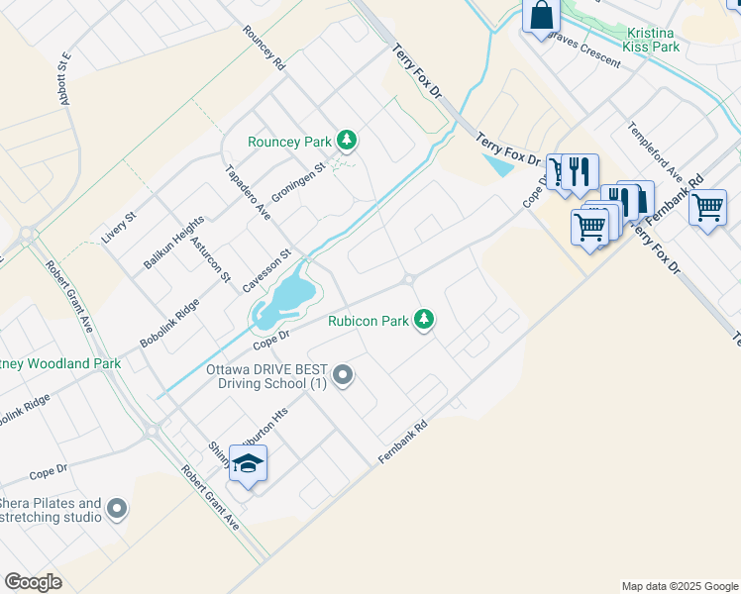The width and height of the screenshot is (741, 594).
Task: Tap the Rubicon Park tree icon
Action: click(424, 320)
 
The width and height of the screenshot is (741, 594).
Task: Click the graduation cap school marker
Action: click(248, 462)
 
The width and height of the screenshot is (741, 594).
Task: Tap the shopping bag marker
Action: click(541, 15)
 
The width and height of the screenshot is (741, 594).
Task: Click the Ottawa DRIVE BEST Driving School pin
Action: click(344, 375)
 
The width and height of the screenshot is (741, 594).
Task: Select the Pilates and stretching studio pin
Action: click(117, 510)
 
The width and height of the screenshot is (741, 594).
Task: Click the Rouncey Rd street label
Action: click(265, 47)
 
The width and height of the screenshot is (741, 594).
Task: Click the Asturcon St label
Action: click(212, 263)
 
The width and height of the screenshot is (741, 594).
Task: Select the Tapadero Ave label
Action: click(248, 191)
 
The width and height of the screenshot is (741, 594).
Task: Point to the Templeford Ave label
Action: click(655, 152)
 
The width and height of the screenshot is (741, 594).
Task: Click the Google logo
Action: click(34, 582)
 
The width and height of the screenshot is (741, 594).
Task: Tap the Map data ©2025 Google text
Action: click(679, 586)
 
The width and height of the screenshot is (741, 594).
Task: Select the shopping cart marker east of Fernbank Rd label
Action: click(707, 208)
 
